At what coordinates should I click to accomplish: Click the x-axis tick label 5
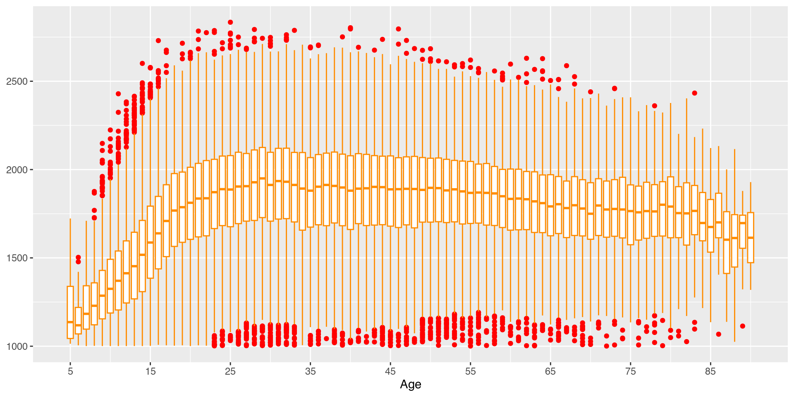coord(70,371)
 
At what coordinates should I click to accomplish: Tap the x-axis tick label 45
coord(390,371)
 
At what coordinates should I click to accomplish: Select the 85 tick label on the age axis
coord(710,371)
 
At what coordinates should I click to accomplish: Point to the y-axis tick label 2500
coord(17,81)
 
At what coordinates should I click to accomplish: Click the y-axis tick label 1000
coord(17,346)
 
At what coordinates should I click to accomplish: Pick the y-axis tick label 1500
coord(17,258)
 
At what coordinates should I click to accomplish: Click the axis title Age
coord(410,385)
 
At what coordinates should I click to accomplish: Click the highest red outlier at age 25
coord(230,22)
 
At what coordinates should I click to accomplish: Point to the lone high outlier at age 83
coord(695,93)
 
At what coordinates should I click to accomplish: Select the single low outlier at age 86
coord(719,334)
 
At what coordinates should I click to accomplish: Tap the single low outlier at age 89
coord(743,326)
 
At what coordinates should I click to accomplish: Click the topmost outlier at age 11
coord(118,94)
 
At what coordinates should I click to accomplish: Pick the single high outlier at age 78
coord(655,106)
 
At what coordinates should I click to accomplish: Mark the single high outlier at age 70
coord(591,92)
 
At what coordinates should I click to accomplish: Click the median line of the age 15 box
coord(151,242)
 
